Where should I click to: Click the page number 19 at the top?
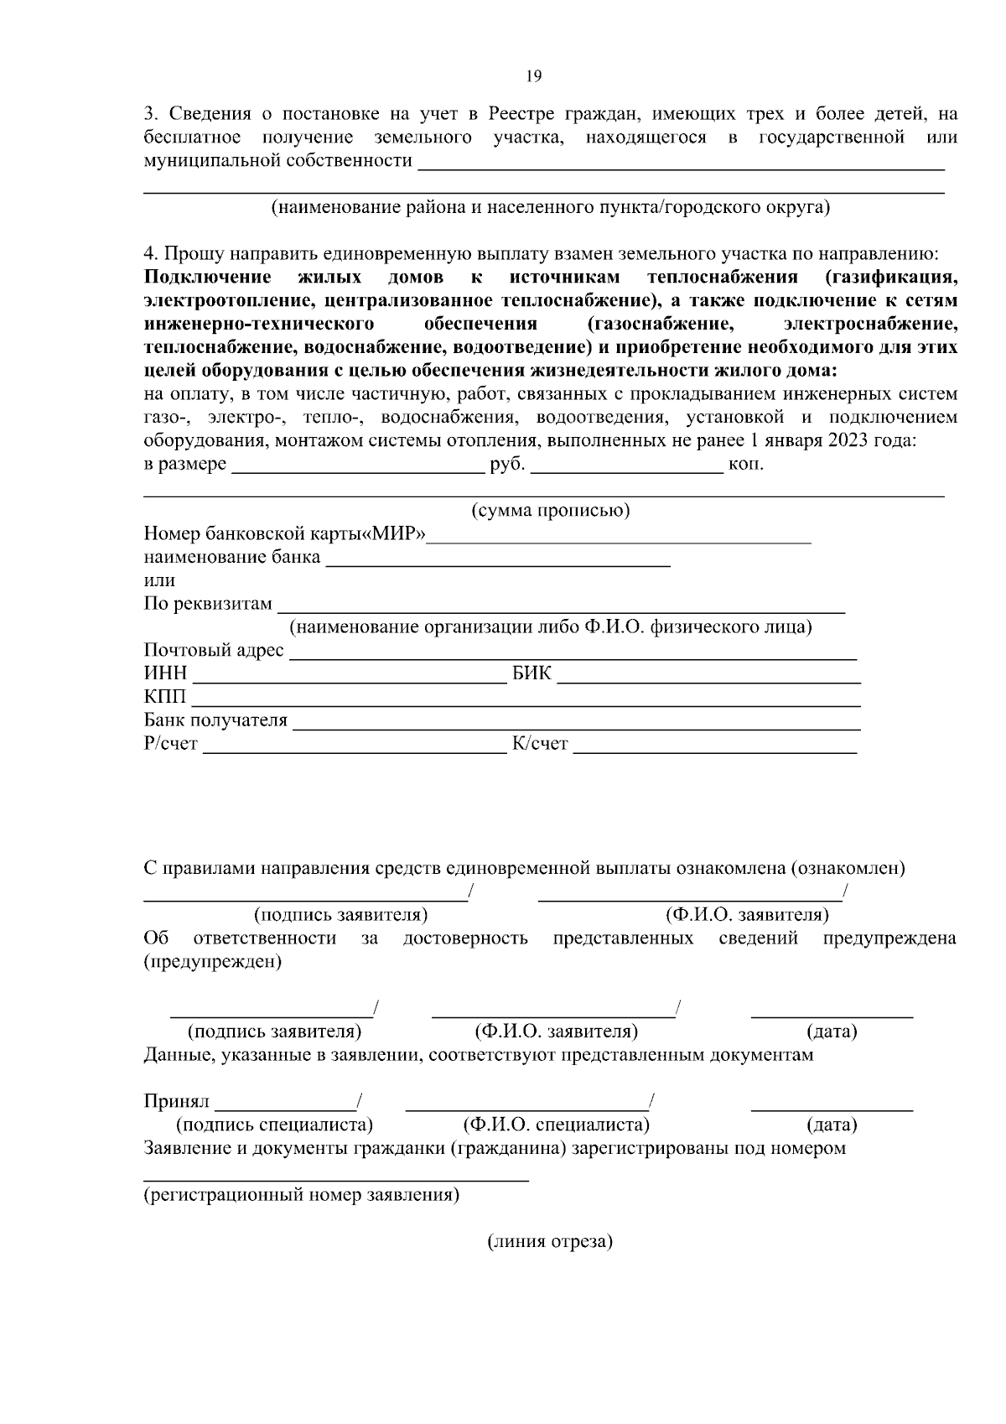(534, 76)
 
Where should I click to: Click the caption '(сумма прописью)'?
(550, 510)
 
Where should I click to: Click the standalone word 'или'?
(159, 580)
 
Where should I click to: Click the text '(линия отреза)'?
(550, 1242)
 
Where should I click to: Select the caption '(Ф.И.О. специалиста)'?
(556, 1125)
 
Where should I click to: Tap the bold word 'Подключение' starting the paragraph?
(207, 278)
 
